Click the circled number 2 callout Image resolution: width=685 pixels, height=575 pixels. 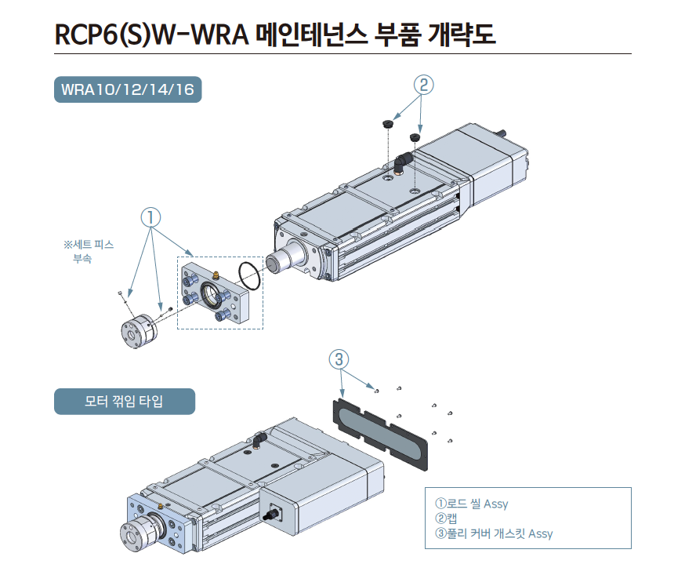(x=422, y=85)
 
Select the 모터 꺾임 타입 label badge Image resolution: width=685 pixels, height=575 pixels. (x=124, y=402)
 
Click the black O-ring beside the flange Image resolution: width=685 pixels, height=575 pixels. (x=250, y=274)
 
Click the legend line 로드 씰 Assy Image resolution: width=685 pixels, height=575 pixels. (x=471, y=504)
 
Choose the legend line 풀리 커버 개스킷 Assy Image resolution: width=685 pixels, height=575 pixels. (x=493, y=533)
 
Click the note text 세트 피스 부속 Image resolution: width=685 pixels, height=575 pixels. (x=88, y=251)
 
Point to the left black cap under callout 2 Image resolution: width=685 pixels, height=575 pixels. (x=388, y=125)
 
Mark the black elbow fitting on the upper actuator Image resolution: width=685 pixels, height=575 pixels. (x=403, y=161)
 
